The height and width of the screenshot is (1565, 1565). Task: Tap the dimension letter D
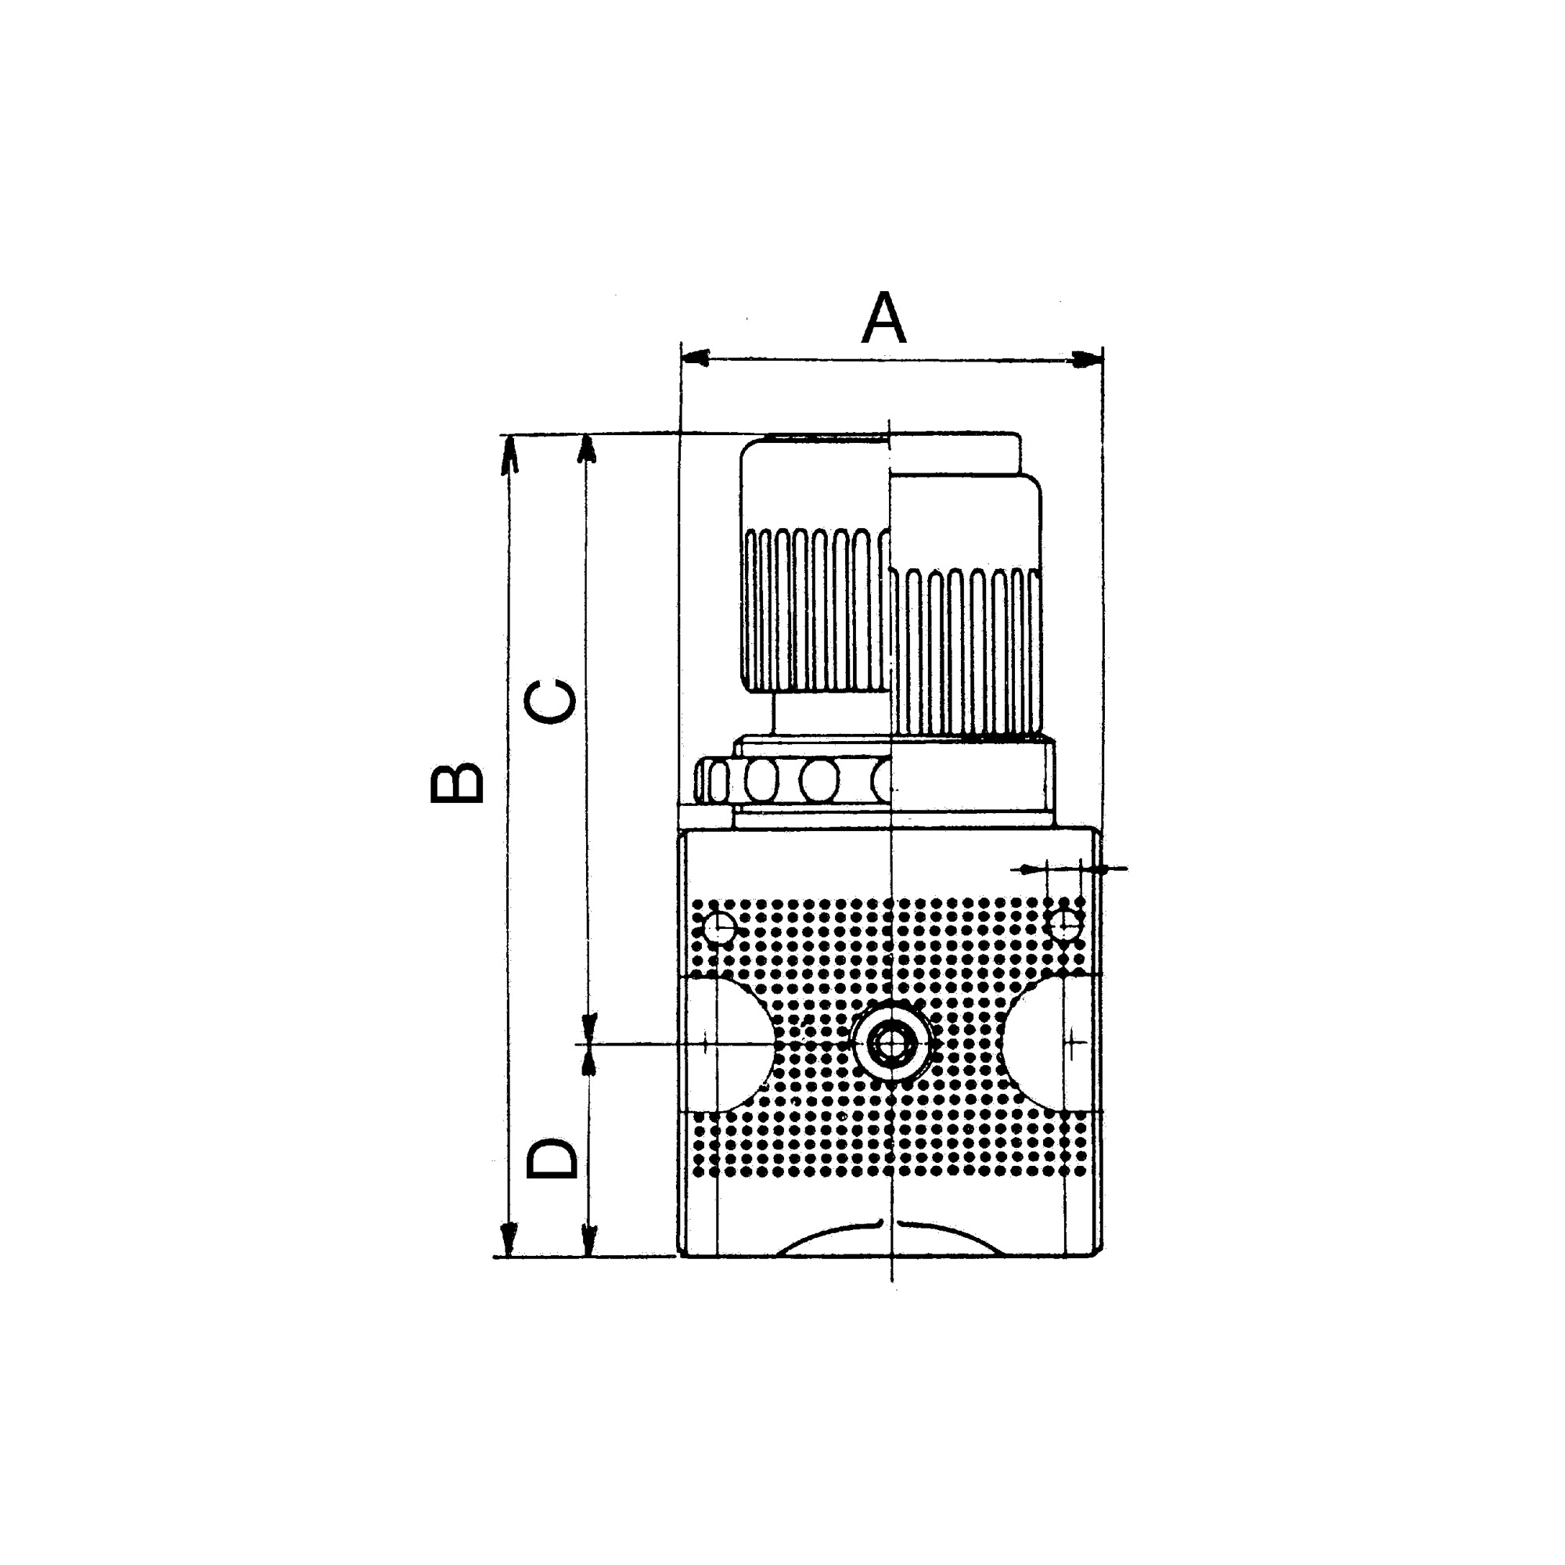coord(552,1159)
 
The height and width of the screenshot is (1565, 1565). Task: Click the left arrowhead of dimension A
coord(695,358)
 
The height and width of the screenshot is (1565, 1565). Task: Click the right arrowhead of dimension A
coord(1088,358)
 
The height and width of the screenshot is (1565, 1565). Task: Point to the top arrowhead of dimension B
coord(509,455)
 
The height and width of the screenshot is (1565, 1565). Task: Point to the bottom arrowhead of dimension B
coord(508,1238)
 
